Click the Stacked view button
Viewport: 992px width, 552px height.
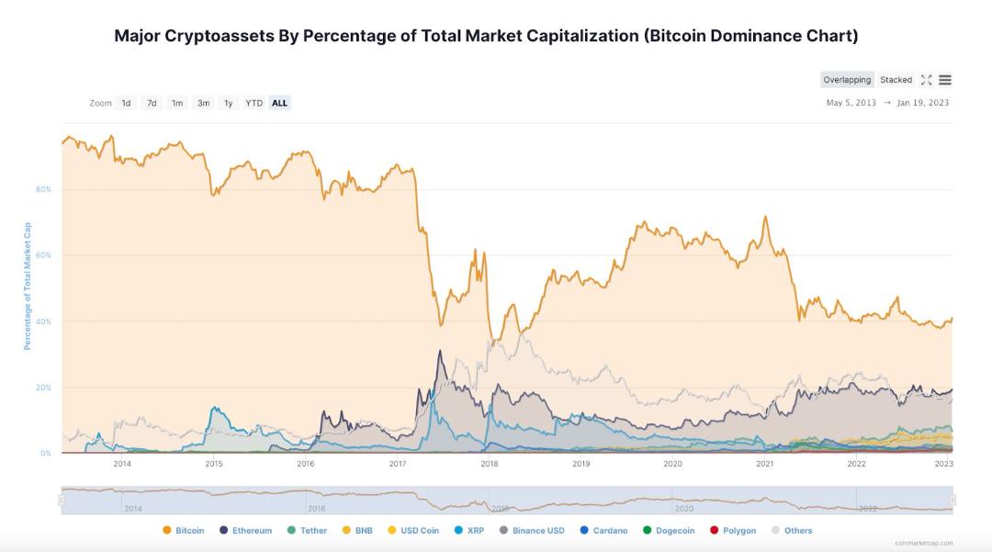coord(896,80)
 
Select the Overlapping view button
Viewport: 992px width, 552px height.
coord(847,80)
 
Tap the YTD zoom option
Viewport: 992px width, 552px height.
coord(254,103)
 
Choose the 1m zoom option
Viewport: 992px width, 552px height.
coord(177,103)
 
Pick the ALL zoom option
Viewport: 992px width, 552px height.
coord(279,103)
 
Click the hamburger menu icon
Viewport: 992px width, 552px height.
coord(945,80)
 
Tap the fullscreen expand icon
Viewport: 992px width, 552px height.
coord(926,80)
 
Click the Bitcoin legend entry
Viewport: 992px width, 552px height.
coord(184,531)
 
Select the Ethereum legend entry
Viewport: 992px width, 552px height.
coord(245,531)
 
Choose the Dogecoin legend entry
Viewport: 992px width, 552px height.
coord(669,531)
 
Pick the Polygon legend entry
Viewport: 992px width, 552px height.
coord(733,531)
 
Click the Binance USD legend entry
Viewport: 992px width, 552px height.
coord(532,531)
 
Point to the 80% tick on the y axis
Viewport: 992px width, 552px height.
coord(43,189)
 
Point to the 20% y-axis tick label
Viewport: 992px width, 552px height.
coord(43,388)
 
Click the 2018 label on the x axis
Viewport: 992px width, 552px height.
coord(489,464)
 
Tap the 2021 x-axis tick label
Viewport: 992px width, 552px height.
coord(764,464)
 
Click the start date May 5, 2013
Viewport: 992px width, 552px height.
coord(851,103)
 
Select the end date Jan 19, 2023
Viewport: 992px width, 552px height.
coord(922,103)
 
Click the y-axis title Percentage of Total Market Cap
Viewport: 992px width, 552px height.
coord(28,286)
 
